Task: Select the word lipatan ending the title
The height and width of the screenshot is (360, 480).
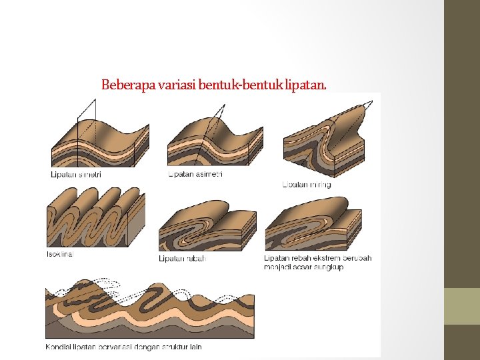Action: coord(305,85)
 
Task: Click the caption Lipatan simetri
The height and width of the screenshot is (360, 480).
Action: coord(77,175)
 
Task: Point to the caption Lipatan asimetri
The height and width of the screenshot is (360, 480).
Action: coord(195,174)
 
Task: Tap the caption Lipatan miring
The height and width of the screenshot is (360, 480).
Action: coord(307,184)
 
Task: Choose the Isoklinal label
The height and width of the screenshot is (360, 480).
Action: coord(59,253)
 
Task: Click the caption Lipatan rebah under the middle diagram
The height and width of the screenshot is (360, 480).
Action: coord(182,258)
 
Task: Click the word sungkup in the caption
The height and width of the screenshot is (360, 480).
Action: coord(331,267)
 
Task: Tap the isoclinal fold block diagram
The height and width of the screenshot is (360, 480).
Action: coord(93,217)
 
